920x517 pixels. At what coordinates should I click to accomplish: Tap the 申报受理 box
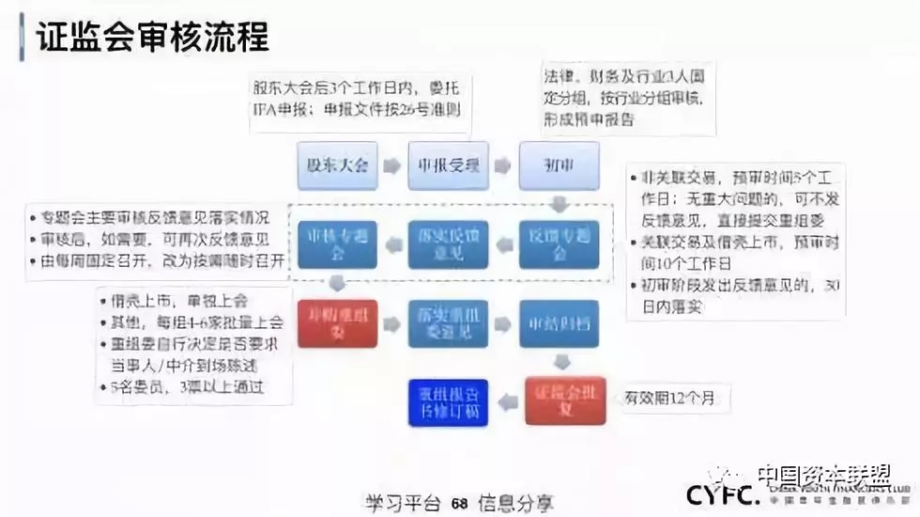coord(448,164)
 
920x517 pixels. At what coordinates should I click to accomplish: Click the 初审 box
coord(559,164)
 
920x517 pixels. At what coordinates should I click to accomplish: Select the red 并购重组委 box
coord(337,322)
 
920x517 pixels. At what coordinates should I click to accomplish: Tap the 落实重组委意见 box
coord(448,322)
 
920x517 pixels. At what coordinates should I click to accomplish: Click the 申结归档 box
coord(559,322)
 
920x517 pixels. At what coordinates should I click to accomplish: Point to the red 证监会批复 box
coord(565,400)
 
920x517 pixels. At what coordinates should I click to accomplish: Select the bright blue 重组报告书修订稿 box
coord(448,401)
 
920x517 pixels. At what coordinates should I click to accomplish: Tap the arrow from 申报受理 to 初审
coord(503,164)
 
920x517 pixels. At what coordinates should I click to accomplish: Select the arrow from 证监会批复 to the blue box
coord(508,401)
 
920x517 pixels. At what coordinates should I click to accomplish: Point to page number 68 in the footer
coord(459,503)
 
